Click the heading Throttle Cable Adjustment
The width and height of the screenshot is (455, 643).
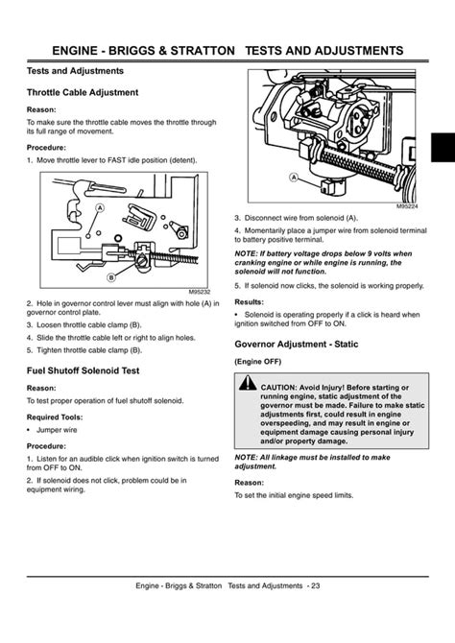(x=83, y=93)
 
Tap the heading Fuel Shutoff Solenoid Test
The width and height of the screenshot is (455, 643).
(x=83, y=370)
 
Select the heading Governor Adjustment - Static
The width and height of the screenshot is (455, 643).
(x=297, y=345)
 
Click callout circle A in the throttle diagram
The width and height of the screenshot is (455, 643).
(x=99, y=208)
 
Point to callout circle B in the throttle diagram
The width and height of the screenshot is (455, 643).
(x=110, y=277)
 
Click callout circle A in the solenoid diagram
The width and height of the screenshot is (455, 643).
(x=294, y=178)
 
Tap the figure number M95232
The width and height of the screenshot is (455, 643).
(x=200, y=292)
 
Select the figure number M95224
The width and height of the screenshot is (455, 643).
(x=407, y=206)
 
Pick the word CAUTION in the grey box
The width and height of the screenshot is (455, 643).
(x=277, y=388)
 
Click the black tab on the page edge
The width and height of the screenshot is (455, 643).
(x=443, y=147)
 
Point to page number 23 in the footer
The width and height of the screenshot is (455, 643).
(x=315, y=586)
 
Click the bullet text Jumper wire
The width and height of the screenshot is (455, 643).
(x=57, y=430)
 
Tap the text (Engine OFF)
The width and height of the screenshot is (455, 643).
(x=257, y=362)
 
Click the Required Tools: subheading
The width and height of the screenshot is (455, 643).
(x=55, y=417)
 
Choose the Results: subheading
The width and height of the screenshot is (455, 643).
(x=249, y=302)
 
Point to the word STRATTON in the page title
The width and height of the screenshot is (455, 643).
(x=203, y=51)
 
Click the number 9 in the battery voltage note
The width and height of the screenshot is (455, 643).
(x=370, y=253)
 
